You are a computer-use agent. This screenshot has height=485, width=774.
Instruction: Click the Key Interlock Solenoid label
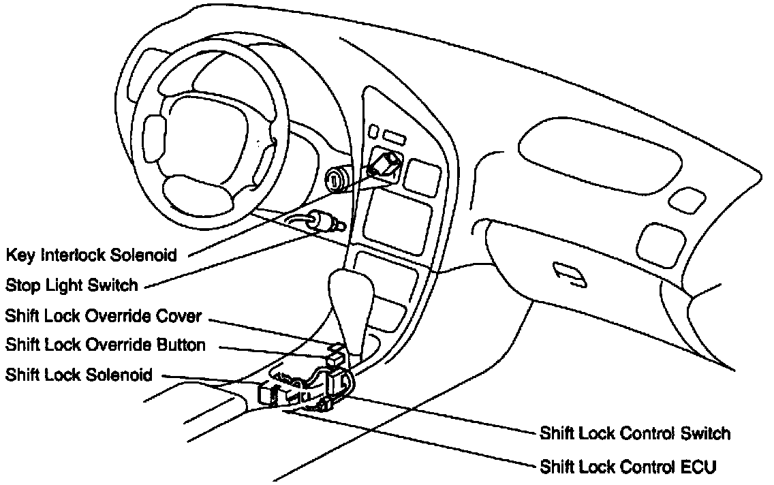[91, 255]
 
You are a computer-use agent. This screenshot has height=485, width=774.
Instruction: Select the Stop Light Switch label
[72, 285]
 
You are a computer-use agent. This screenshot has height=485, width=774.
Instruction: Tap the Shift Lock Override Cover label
[103, 316]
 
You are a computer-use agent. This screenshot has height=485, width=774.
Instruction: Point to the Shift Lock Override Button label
[105, 345]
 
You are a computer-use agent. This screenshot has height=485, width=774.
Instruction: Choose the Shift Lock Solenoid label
[78, 375]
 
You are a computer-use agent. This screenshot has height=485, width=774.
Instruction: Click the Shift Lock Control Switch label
[634, 433]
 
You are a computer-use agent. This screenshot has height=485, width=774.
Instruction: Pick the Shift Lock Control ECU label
[628, 467]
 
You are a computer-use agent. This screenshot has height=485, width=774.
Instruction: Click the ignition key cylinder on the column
[335, 180]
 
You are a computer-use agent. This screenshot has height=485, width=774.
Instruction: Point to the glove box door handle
[568, 273]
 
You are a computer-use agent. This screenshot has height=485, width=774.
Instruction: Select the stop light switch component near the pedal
[318, 221]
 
